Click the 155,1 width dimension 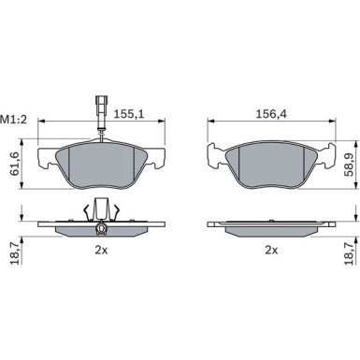click(x=129, y=114)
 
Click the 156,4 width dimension click(x=271, y=114)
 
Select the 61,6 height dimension click(x=15, y=164)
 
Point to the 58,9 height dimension click(x=350, y=165)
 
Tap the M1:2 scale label click(x=14, y=119)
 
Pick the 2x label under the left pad click(x=101, y=250)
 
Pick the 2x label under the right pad click(x=271, y=250)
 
